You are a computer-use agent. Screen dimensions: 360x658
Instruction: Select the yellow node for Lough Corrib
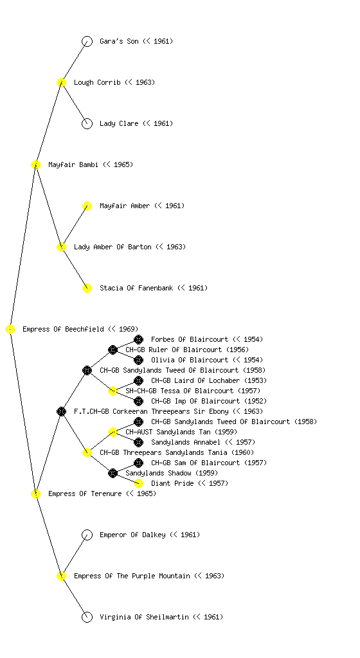pyautogui.click(x=61, y=82)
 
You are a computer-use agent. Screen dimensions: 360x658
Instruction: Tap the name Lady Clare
pyautogui.click(x=119, y=123)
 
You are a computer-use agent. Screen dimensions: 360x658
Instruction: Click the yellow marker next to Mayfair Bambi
pyautogui.click(x=35, y=164)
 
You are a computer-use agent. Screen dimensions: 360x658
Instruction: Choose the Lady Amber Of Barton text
pyautogui.click(x=113, y=247)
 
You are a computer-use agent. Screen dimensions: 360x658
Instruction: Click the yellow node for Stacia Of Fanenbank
pyautogui.click(x=87, y=288)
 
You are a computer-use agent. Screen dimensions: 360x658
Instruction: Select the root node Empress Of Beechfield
pyautogui.click(x=10, y=329)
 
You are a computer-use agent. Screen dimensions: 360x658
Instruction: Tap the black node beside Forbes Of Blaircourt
pyautogui.click(x=138, y=339)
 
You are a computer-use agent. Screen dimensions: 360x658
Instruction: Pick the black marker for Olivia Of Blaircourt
pyautogui.click(x=138, y=360)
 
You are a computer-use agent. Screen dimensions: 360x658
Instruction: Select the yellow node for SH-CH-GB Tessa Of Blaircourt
pyautogui.click(x=113, y=391)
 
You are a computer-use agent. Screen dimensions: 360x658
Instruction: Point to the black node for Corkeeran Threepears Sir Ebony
pyautogui.click(x=61, y=411)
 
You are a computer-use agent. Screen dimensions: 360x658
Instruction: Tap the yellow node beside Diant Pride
pyautogui.click(x=138, y=483)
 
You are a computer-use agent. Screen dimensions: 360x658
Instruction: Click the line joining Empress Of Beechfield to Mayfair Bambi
pyautogui.click(x=23, y=247)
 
